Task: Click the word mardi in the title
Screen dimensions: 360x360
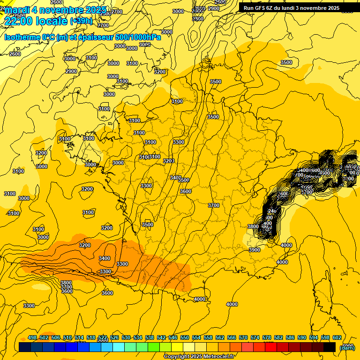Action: click(x=17, y=10)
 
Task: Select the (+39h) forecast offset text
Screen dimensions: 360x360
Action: click(x=81, y=21)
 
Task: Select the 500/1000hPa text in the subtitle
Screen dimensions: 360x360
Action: click(x=138, y=37)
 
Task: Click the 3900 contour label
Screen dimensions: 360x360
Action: click(x=254, y=250)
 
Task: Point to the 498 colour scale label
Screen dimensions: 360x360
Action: click(x=32, y=337)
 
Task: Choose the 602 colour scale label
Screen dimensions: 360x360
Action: click(x=337, y=337)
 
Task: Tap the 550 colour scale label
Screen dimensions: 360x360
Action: click(x=185, y=337)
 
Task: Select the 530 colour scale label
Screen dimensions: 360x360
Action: click(x=126, y=337)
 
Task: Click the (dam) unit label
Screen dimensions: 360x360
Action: click(x=347, y=347)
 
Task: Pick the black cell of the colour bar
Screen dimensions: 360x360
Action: click(x=330, y=347)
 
